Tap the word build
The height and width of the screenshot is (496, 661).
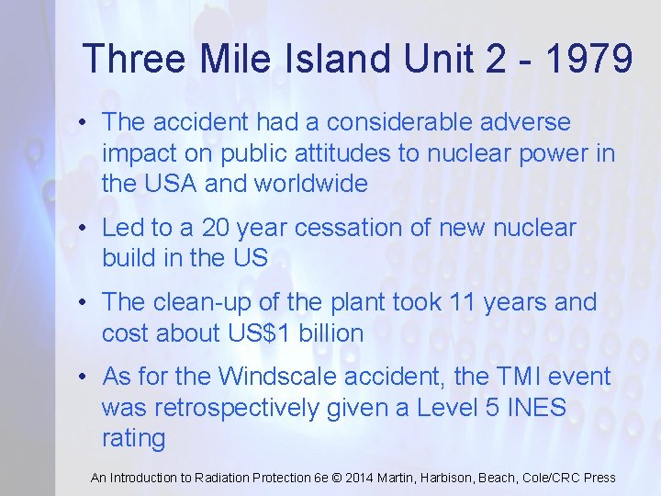[x=129, y=258]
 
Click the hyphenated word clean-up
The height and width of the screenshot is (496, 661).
[x=202, y=302]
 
